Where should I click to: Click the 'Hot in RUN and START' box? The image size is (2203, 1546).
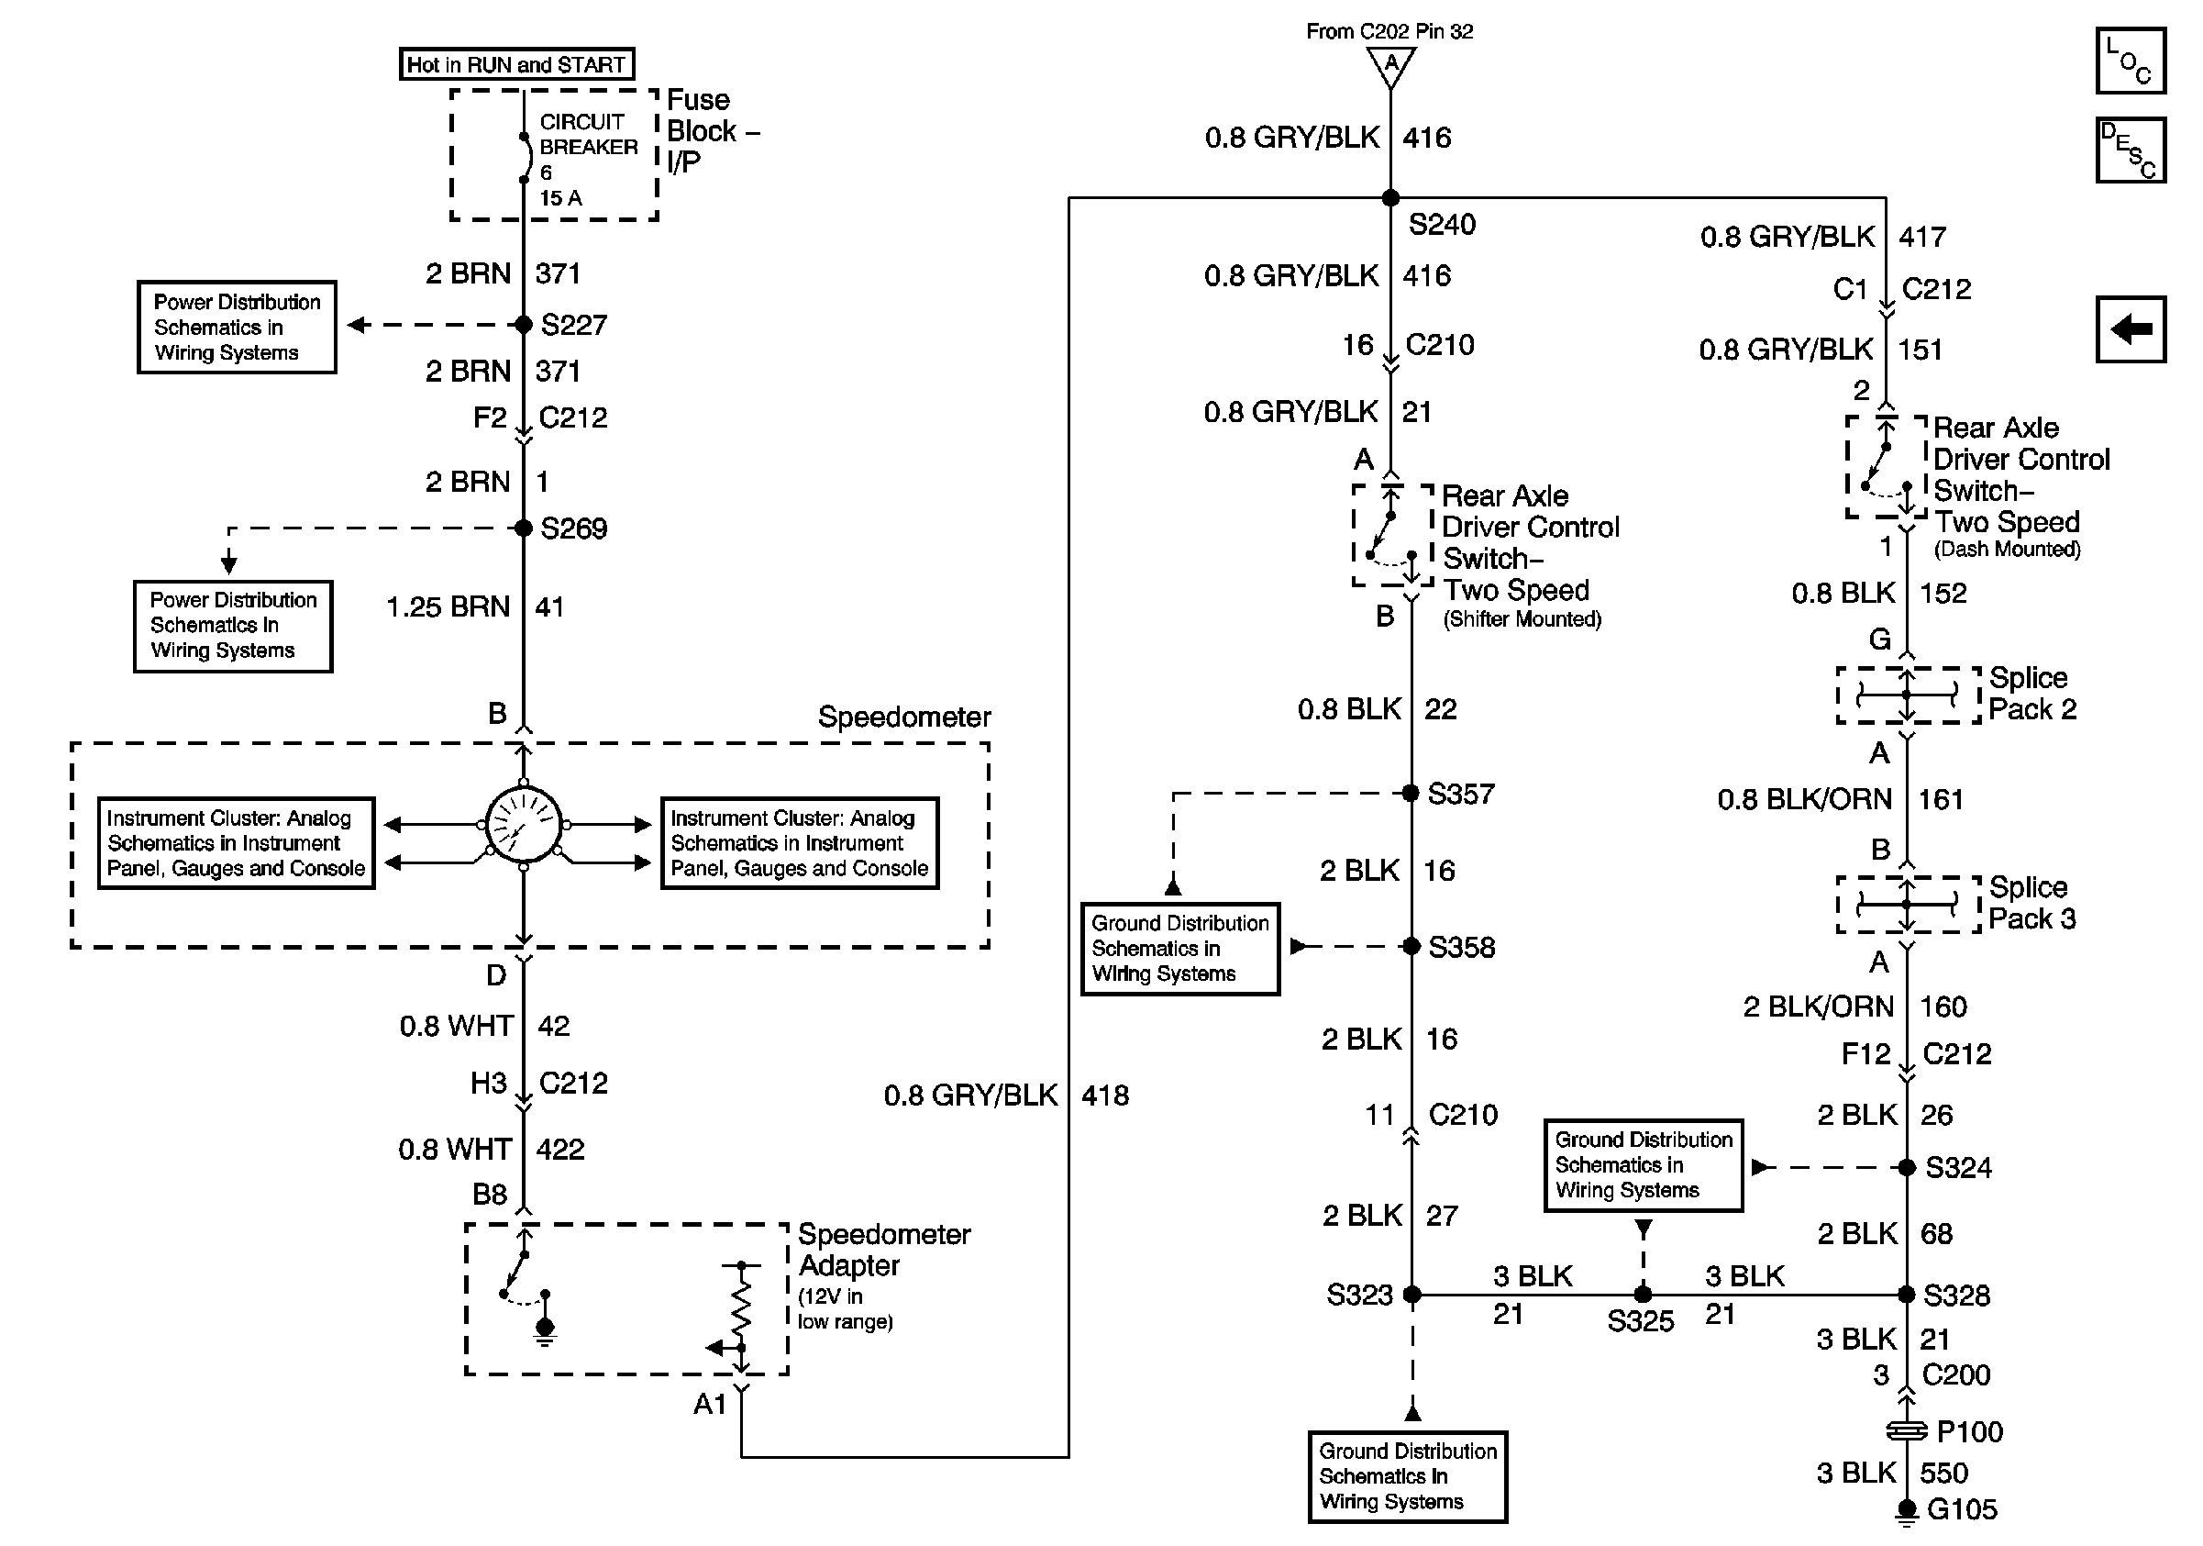[516, 64]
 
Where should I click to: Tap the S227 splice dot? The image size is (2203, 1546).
[523, 325]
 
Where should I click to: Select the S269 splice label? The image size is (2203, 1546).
[574, 528]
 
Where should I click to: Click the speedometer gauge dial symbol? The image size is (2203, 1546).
[523, 823]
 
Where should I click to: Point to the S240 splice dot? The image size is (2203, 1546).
[1390, 197]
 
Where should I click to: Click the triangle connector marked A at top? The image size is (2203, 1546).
[1390, 65]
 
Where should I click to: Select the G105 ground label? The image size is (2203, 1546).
[1962, 1509]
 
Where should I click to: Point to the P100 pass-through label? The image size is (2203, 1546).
[1970, 1432]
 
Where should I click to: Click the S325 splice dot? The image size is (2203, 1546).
[1643, 1295]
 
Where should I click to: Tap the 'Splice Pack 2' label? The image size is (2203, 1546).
[2032, 693]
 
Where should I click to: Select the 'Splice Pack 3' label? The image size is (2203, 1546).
[2032, 902]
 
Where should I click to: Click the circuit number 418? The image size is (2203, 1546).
[1105, 1095]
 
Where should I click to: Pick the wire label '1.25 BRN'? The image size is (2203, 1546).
[448, 606]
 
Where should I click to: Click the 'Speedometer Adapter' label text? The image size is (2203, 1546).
[884, 1250]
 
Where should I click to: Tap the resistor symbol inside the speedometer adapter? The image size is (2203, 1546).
[741, 1307]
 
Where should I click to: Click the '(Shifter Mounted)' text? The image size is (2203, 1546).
[1522, 619]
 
